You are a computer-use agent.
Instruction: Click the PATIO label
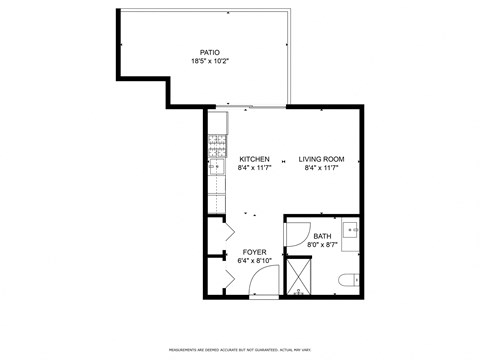(210, 52)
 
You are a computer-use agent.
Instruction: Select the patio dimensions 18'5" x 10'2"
(210, 62)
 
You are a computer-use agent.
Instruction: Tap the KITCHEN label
(255, 159)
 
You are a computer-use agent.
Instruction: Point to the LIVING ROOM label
(321, 159)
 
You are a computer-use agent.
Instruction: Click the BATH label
(321, 236)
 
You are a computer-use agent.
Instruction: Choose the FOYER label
(255, 252)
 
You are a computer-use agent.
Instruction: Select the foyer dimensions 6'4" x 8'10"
(255, 261)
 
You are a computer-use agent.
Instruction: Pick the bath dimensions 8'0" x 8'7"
(321, 245)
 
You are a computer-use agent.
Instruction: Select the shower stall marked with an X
(299, 274)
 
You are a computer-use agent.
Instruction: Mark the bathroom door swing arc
(298, 232)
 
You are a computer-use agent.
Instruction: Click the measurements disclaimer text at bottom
(239, 349)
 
